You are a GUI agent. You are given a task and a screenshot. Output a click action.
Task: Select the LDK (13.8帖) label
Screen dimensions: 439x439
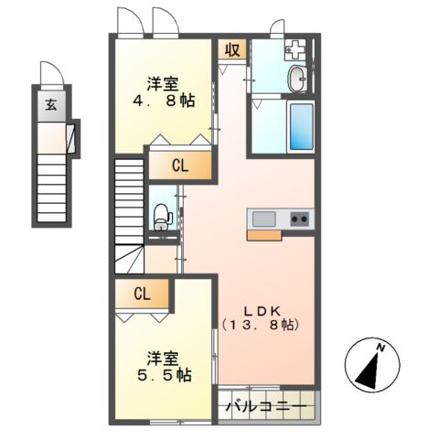[261, 316]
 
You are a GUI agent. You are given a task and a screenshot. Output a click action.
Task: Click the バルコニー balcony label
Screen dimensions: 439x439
[266, 406]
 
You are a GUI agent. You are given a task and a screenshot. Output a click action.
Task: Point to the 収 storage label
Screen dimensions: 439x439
[231, 49]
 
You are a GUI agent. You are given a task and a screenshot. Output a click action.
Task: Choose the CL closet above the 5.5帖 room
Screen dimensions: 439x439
[141, 294]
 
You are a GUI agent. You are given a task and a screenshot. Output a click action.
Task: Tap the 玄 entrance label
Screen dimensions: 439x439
[49, 103]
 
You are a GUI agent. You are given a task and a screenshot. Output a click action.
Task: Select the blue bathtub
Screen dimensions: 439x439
[301, 127]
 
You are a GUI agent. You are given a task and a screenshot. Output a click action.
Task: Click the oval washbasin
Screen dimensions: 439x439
[296, 80]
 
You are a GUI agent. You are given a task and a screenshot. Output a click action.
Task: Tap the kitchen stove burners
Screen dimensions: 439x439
[299, 219]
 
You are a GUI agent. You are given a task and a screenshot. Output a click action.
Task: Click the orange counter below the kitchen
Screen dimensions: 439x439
[264, 235]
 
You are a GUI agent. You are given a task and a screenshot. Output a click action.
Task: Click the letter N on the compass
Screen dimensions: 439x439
[385, 348]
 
